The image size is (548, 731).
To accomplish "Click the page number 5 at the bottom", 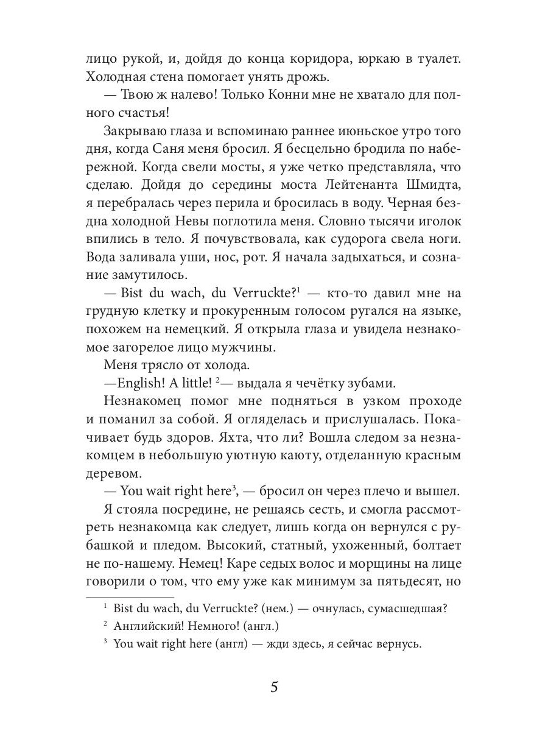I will click(x=274, y=688).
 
